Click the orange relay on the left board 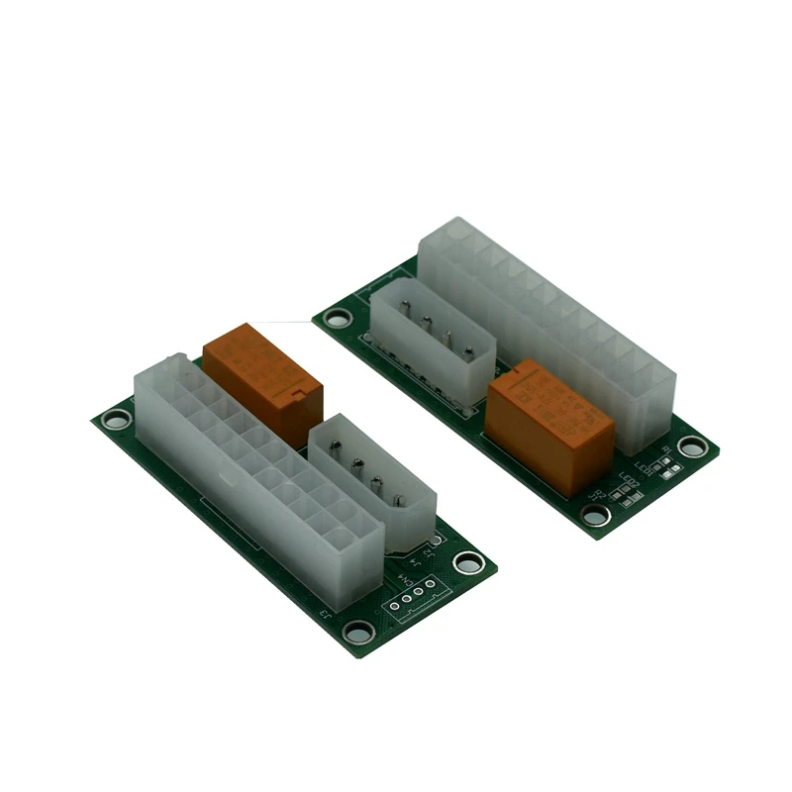tap(263, 381)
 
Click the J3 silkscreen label tap(328, 614)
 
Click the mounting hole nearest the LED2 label tap(595, 515)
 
